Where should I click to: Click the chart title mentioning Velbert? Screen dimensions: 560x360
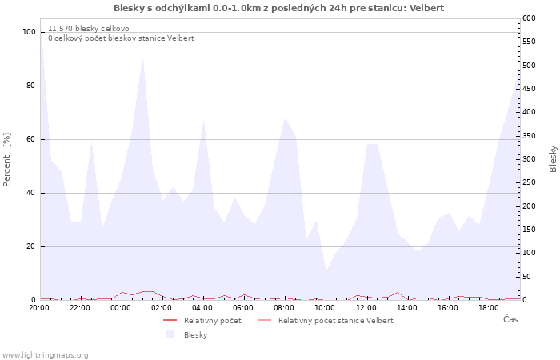pyautogui.click(x=278, y=8)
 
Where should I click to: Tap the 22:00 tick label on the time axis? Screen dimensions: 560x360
pyautogui.click(x=80, y=308)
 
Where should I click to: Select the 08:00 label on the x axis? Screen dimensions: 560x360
pyautogui.click(x=284, y=308)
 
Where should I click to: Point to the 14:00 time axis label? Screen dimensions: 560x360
pyautogui.click(x=406, y=308)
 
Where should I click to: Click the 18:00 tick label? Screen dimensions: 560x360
pyautogui.click(x=489, y=308)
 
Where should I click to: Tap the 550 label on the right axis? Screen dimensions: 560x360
pyautogui.click(x=530, y=42)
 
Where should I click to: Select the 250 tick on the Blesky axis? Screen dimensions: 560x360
pyautogui.click(x=530, y=182)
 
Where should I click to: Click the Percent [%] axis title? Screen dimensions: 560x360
pyautogui.click(x=6, y=160)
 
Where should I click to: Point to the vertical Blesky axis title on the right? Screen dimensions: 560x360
pyautogui.click(x=553, y=159)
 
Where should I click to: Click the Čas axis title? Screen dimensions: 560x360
pyautogui.click(x=510, y=319)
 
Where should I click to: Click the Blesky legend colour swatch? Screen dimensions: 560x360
pyautogui.click(x=170, y=334)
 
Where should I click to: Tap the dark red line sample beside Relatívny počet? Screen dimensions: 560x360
pyautogui.click(x=170, y=320)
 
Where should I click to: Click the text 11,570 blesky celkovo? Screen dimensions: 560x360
pyautogui.click(x=89, y=29)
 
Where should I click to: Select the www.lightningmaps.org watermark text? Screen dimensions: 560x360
pyautogui.click(x=44, y=355)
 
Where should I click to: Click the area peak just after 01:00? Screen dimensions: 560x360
pyautogui.click(x=143, y=57)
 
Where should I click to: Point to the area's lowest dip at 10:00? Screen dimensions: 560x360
pyautogui.click(x=326, y=270)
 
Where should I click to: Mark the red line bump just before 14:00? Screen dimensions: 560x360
pyautogui.click(x=398, y=292)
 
